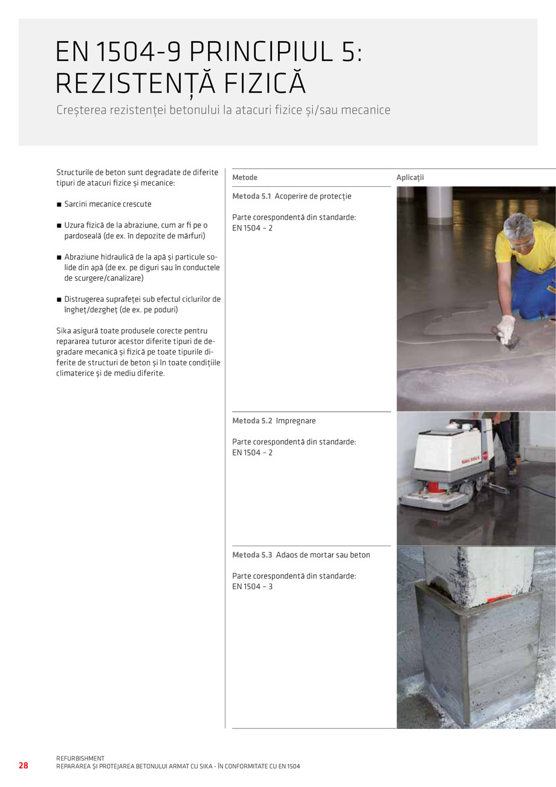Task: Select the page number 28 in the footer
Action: tap(23, 765)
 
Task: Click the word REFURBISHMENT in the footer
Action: tap(80, 758)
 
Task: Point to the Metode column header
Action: tap(245, 177)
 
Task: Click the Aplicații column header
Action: tap(410, 177)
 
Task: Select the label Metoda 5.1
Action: tap(252, 197)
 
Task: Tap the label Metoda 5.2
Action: tap(252, 421)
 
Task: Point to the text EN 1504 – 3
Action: tap(252, 587)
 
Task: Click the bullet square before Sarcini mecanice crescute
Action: tap(59, 204)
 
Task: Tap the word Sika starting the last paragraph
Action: tap(64, 331)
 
